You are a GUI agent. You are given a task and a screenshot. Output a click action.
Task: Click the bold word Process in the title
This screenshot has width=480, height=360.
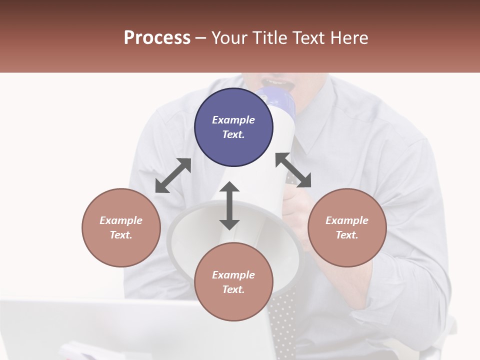pyautogui.click(x=157, y=38)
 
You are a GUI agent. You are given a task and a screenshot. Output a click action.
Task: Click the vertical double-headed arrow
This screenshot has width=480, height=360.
pyautogui.click(x=229, y=205)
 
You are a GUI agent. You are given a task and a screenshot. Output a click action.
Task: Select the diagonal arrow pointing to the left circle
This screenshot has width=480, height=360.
pyautogui.click(x=173, y=175)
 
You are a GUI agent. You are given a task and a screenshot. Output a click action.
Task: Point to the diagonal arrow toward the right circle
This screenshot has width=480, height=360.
pyautogui.click(x=293, y=170)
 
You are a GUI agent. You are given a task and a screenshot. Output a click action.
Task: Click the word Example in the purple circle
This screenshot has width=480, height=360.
pyautogui.click(x=233, y=120)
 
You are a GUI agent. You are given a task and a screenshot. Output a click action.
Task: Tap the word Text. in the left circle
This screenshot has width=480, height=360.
pyautogui.click(x=121, y=235)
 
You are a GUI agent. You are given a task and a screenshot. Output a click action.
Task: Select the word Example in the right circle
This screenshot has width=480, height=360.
pyautogui.click(x=347, y=220)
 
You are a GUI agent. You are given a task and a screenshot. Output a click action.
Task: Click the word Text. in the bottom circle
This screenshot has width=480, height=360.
pyautogui.click(x=233, y=289)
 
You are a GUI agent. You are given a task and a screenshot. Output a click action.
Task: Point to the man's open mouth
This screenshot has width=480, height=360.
pyautogui.click(x=277, y=81)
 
